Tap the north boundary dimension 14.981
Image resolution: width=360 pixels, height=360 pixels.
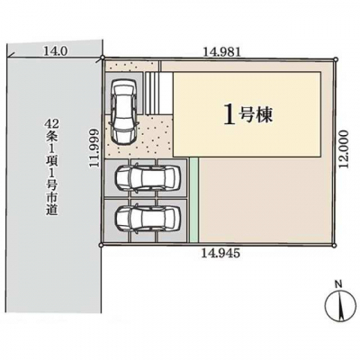(222, 52)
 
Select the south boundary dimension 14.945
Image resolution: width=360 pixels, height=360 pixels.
(221, 254)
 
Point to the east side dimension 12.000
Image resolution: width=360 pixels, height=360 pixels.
(344, 149)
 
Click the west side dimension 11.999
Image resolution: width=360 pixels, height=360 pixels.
(94, 148)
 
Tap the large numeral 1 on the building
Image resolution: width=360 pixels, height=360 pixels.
(229, 116)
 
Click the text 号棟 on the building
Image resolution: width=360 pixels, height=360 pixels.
(256, 115)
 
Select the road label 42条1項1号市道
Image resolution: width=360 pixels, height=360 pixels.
(52, 167)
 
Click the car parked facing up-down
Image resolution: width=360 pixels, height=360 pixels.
(123, 112)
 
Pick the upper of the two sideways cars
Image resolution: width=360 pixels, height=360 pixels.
(148, 178)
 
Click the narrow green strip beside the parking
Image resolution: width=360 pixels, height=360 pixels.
(194, 200)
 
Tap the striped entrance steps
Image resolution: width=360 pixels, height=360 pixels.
(153, 93)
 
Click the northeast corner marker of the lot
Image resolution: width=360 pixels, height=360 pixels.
(336, 59)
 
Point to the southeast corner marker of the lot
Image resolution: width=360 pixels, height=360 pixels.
(334, 246)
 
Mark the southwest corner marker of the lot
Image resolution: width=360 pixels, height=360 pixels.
(101, 245)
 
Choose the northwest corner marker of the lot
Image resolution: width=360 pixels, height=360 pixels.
(103, 58)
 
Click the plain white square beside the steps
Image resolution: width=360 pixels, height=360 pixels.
(166, 93)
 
